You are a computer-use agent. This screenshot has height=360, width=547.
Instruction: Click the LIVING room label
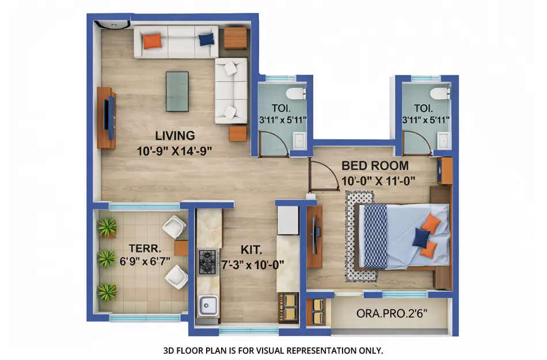tap(174, 136)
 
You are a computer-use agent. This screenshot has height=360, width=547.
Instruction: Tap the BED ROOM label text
tap(375, 166)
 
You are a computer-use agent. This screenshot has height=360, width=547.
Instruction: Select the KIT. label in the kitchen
tap(251, 250)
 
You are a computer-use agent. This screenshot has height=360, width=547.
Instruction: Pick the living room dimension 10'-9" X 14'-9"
tap(174, 152)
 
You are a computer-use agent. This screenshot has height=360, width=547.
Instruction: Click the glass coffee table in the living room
tap(177, 91)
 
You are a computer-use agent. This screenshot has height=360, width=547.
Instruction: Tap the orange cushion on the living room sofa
tap(152, 41)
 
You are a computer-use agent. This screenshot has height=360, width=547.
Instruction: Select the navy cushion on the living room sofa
tap(206, 39)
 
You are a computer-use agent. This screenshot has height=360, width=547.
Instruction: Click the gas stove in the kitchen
tap(207, 261)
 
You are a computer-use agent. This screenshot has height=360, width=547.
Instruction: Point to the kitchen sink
tap(208, 305)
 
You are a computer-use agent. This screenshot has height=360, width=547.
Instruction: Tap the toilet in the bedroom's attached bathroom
tap(440, 93)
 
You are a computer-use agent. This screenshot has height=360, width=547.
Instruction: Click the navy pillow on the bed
tap(421, 237)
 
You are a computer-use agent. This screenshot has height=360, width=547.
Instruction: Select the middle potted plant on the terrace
tap(107, 259)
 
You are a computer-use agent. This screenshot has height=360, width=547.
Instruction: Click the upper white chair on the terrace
tap(174, 227)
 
